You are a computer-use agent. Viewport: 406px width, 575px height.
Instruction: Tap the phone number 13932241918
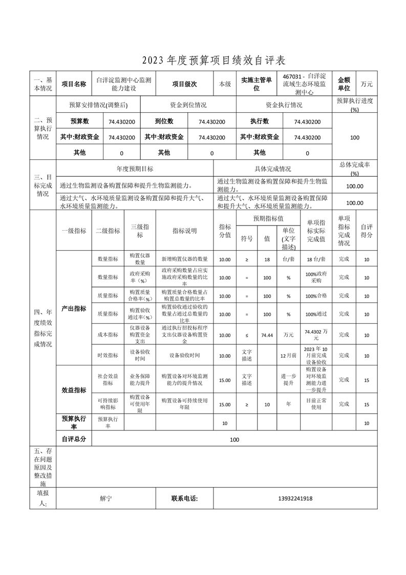click(295, 499)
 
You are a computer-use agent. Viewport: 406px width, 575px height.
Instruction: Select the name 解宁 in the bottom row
click(106, 499)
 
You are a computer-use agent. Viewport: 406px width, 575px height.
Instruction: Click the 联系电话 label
click(184, 499)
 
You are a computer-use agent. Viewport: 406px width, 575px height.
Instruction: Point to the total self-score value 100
click(234, 440)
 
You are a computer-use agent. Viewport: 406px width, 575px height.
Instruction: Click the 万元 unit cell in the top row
click(367, 84)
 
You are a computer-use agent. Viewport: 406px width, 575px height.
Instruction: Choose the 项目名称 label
click(74, 84)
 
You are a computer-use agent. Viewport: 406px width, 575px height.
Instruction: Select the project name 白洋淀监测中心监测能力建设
click(123, 84)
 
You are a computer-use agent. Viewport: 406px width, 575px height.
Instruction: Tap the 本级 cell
click(225, 84)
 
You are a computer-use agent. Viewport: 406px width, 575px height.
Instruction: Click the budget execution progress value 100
click(355, 137)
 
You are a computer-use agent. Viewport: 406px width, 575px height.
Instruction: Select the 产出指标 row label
click(74, 309)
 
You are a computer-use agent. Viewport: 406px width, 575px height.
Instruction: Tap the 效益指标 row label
click(74, 390)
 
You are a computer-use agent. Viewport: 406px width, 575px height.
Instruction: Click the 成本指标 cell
click(108, 335)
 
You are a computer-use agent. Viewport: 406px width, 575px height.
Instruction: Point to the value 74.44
click(267, 335)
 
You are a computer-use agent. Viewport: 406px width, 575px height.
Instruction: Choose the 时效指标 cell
click(108, 355)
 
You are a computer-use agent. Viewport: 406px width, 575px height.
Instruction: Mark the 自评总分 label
click(74, 440)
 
